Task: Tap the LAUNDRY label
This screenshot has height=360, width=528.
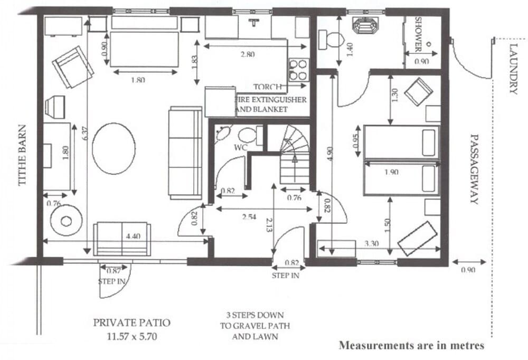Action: pyautogui.click(x=513, y=69)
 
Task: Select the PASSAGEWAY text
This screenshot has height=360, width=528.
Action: pyautogui.click(x=473, y=168)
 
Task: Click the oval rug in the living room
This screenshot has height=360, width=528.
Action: pyautogui.click(x=114, y=148)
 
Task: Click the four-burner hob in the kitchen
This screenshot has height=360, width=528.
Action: pyautogui.click(x=298, y=69)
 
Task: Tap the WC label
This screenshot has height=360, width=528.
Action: pyautogui.click(x=241, y=148)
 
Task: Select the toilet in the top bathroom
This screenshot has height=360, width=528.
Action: pyautogui.click(x=333, y=39)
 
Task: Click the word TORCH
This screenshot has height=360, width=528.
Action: pyautogui.click(x=268, y=87)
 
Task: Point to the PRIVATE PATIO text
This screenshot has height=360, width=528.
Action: pyautogui.click(x=125, y=323)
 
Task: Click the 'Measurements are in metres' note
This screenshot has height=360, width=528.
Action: pyautogui.click(x=411, y=346)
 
